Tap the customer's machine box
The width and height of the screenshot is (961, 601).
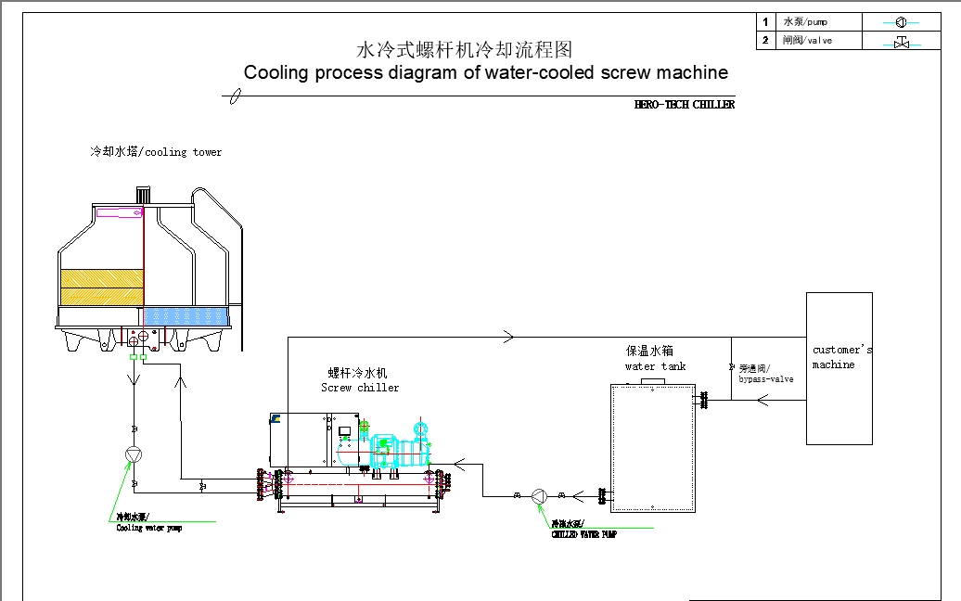pos(839,368)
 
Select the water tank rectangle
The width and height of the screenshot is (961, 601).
pos(653,446)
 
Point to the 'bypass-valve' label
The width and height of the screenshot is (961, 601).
pos(766,378)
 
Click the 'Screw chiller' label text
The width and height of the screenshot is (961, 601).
pos(360,388)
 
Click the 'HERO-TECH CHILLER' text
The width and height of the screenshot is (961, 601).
pos(684,105)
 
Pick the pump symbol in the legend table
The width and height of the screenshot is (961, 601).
pos(900,22)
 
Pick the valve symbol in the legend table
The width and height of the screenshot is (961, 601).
pos(900,42)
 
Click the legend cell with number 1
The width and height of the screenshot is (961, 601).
pos(765,21)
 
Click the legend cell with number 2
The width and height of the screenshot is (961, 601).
pos(765,41)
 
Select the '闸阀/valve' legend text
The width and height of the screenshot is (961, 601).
pos(807,41)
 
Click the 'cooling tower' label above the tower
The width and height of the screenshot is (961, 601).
pos(156,152)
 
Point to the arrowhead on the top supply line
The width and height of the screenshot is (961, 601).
pos(507,337)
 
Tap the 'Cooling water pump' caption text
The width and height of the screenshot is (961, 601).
pos(148,529)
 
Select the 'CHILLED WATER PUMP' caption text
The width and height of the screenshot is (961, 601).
pos(583,534)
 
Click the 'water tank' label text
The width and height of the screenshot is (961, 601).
pos(655,366)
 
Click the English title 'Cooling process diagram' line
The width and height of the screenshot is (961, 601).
pos(485,73)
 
